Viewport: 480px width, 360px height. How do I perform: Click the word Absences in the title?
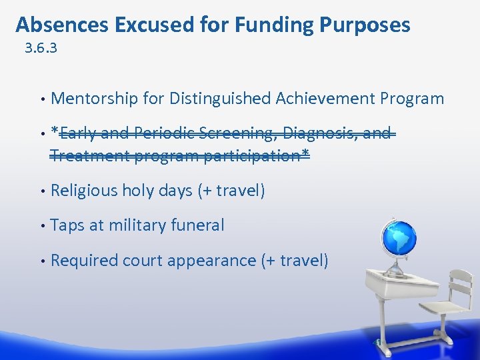(x=62, y=25)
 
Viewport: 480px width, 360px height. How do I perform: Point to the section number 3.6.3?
(x=40, y=49)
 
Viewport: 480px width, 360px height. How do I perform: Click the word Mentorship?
(x=94, y=99)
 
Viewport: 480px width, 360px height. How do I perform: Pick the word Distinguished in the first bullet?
(x=219, y=99)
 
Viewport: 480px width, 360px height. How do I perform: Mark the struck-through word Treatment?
(x=90, y=156)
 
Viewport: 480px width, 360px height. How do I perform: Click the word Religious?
(x=85, y=191)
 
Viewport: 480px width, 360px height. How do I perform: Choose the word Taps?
(x=67, y=225)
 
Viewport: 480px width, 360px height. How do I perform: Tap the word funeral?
(x=199, y=225)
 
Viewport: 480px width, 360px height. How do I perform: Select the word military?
(x=139, y=225)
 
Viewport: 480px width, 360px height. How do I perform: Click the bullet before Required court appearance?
(x=43, y=261)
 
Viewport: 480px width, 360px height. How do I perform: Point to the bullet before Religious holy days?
(x=43, y=191)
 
